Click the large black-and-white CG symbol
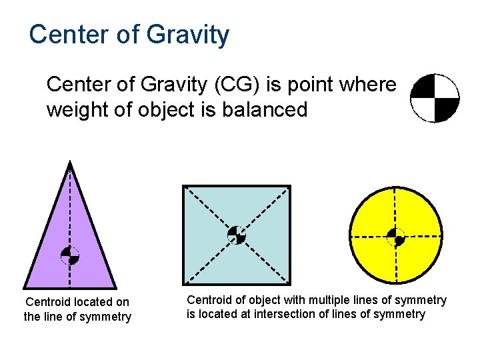(435, 98)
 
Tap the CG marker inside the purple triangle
(70, 255)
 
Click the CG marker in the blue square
(237, 235)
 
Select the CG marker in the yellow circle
(396, 237)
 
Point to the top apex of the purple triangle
(70, 162)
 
